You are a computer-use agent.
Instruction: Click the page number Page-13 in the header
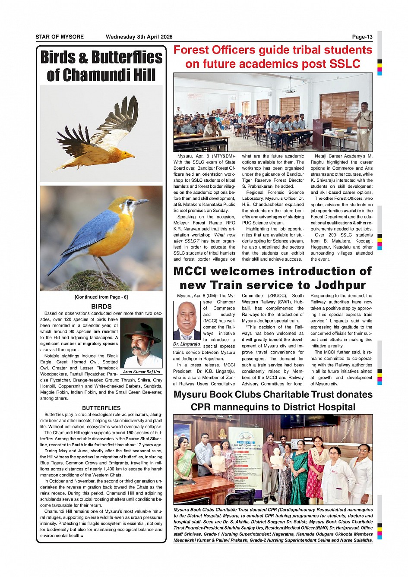click(x=362, y=37)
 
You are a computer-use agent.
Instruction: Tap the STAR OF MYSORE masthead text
click(x=60, y=37)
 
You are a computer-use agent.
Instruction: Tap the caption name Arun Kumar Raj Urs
click(x=141, y=372)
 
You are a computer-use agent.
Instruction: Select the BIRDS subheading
click(x=101, y=306)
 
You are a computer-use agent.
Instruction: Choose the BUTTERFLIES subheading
click(x=101, y=408)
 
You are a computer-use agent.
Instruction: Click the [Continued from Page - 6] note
click(x=101, y=297)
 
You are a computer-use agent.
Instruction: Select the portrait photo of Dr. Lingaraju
click(x=187, y=320)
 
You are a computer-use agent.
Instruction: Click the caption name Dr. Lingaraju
click(x=187, y=344)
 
